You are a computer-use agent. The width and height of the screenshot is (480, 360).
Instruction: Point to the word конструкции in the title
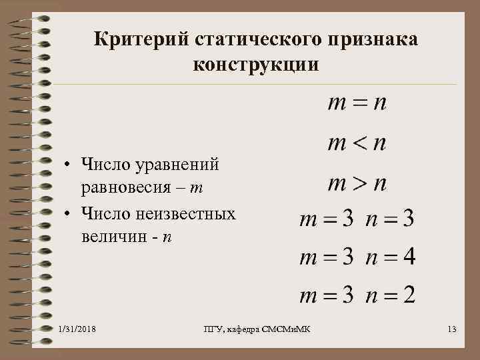[257, 65]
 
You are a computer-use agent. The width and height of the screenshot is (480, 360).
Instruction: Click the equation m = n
[357, 104]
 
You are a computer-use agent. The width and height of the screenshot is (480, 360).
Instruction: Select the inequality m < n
[357, 143]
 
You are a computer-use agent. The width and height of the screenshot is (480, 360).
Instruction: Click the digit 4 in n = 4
[407, 257]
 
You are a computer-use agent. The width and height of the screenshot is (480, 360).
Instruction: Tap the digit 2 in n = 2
[407, 295]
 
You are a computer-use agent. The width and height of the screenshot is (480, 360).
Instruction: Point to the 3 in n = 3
[407, 219]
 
